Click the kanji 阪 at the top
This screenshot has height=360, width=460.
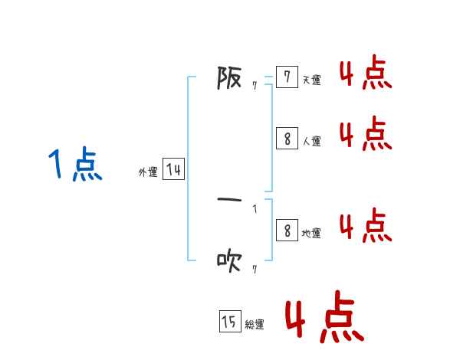coord(229,77)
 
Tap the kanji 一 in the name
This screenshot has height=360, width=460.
coord(229,201)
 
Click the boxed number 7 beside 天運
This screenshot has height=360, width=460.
coord(287,77)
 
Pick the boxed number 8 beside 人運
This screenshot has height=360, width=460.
coord(287,139)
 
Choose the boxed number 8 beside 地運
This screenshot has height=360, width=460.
coord(287,231)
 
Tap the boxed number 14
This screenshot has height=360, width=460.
coord(173,170)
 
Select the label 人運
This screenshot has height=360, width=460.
coord(311,142)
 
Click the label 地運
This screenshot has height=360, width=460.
coord(311,234)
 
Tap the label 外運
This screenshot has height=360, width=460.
coord(148,173)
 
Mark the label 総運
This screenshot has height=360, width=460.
coord(255,325)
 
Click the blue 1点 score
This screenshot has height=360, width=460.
coord(75,165)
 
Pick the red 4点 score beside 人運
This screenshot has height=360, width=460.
coord(365,134)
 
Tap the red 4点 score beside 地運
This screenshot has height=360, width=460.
coord(365,226)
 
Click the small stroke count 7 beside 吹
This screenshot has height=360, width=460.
coord(254,270)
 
